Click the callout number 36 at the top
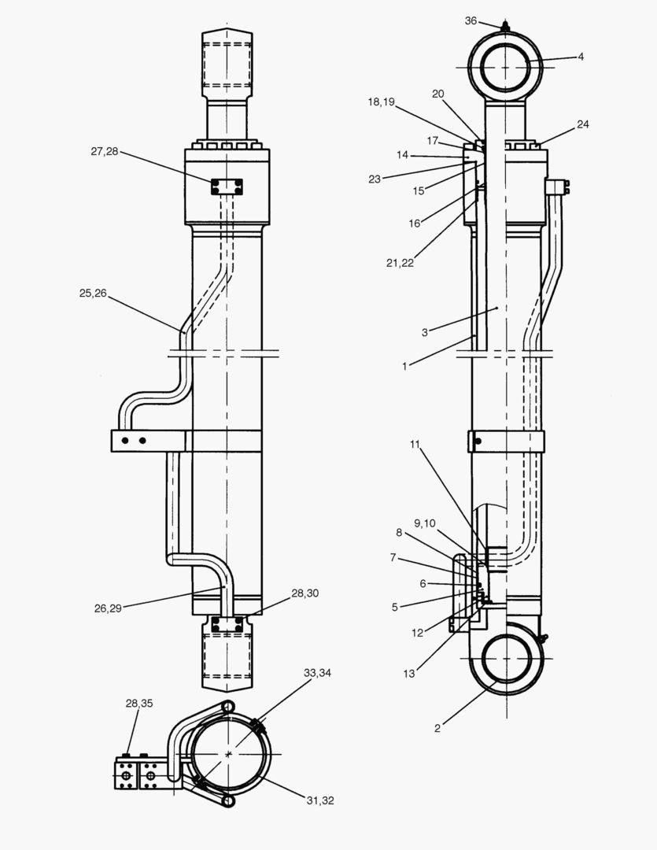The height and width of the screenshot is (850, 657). coord(471,20)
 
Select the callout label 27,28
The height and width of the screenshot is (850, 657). coord(104,151)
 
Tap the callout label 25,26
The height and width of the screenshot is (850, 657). coord(94,294)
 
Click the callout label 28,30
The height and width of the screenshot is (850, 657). coord(305,593)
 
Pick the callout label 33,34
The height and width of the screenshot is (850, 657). coord(318,673)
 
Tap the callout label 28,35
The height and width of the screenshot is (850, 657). coord(139,703)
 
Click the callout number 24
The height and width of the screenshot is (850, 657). coord(582,124)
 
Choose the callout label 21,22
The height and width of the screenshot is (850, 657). coord(400,263)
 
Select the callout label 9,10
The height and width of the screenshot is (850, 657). coord(424,523)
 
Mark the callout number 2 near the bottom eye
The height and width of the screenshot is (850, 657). coord(437,728)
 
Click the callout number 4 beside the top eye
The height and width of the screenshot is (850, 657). coord(581,57)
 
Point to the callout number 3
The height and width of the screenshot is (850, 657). coord(424,332)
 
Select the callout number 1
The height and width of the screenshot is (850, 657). coord(404,366)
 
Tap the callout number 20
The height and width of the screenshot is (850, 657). coord(438,94)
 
